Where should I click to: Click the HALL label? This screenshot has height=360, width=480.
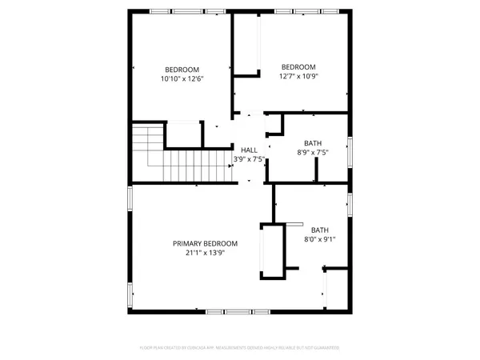point(249,150)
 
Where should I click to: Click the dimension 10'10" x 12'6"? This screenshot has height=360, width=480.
point(182,78)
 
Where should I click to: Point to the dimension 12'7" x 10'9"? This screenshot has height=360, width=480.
point(298,76)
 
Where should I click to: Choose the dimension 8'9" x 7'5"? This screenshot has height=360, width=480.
point(313,152)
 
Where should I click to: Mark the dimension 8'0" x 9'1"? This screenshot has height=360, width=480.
point(319,238)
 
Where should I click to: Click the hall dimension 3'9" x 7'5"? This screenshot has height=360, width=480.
point(249,159)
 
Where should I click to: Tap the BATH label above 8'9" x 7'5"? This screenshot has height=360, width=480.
point(313,142)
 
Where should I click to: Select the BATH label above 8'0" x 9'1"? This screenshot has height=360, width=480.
point(319,229)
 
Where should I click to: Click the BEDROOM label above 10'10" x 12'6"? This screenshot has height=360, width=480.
point(182,69)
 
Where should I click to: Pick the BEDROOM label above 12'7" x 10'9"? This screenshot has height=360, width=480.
point(298,66)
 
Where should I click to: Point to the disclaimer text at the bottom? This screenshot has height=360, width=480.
point(240,348)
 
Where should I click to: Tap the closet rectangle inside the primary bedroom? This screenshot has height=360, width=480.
point(273,251)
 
